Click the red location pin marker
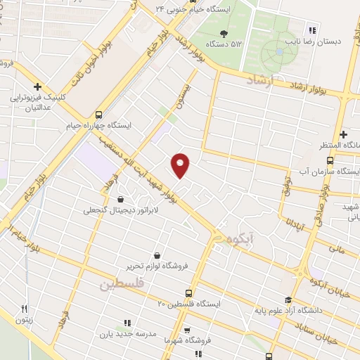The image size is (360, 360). pyautogui.click(x=181, y=165)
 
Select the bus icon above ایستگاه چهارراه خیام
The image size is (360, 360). pyautogui.click(x=98, y=114)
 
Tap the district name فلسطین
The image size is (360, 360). pyautogui.click(x=121, y=284)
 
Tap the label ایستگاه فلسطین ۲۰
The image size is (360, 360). pyautogui.click(x=188, y=304)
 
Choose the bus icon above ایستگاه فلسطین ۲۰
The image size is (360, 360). pyautogui.click(x=188, y=292)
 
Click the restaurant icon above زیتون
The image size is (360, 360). pyautogui.click(x=24, y=309)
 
